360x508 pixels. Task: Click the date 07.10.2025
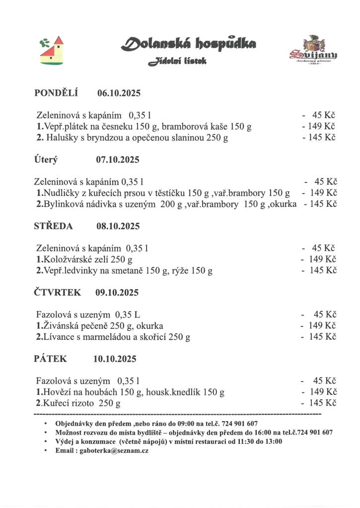[x=118, y=160]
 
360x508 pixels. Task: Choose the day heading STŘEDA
[x=54, y=226]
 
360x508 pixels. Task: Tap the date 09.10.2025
[x=117, y=293]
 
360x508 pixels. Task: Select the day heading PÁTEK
[x=51, y=359]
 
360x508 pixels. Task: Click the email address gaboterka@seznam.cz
[x=114, y=451]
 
